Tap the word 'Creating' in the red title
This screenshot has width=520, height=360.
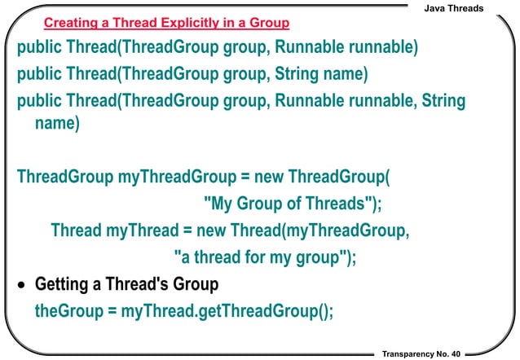point(69,20)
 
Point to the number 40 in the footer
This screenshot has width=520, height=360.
point(454,352)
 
